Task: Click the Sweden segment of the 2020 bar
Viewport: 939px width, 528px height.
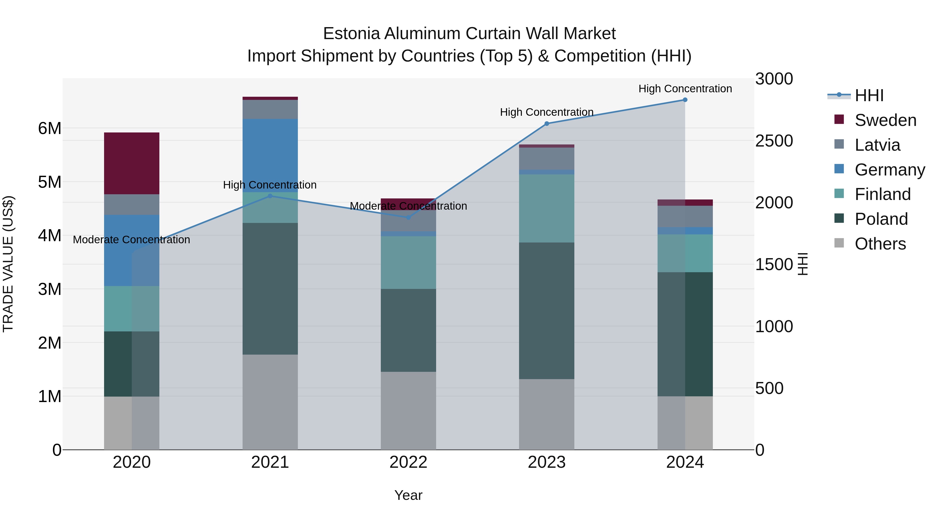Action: [x=132, y=163]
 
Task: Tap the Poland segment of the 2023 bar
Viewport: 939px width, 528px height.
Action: [x=546, y=311]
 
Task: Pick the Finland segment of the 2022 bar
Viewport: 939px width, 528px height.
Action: [x=408, y=262]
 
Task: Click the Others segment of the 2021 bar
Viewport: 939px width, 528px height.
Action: [x=270, y=402]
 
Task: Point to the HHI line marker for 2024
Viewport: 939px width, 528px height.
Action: [x=685, y=100]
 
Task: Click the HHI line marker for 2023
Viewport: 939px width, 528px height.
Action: [x=546, y=124]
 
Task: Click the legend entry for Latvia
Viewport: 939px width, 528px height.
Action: [x=877, y=145]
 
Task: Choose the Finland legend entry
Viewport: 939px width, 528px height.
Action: [x=882, y=194]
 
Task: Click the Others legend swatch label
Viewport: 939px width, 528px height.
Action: [x=880, y=244]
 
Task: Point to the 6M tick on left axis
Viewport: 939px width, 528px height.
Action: [x=50, y=128]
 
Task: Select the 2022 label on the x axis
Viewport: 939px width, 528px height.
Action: [x=408, y=462]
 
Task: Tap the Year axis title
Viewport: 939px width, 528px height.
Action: [x=408, y=495]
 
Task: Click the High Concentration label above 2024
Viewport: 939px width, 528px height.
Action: [x=685, y=89]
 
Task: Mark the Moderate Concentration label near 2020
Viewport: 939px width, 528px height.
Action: [x=132, y=240]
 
